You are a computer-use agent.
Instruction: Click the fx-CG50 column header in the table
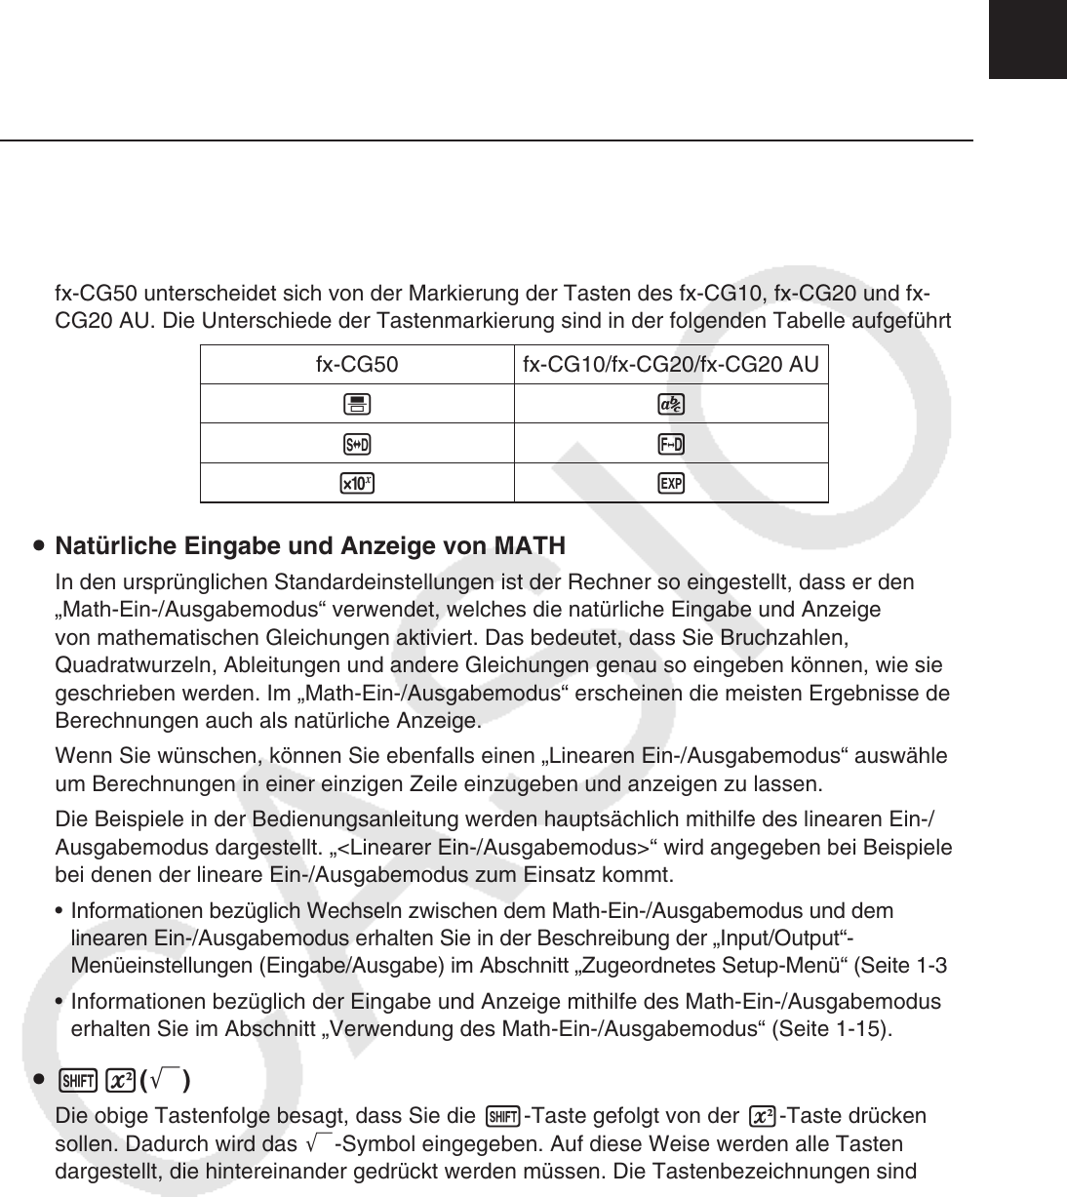pyautogui.click(x=357, y=366)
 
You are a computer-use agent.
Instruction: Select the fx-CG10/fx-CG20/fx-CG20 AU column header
pyautogui.click(x=671, y=366)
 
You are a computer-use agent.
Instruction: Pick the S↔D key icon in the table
pyautogui.click(x=357, y=445)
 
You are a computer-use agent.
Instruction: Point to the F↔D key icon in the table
pyautogui.click(x=671, y=445)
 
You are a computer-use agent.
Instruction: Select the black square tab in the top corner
pyautogui.click(x=1028, y=39)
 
